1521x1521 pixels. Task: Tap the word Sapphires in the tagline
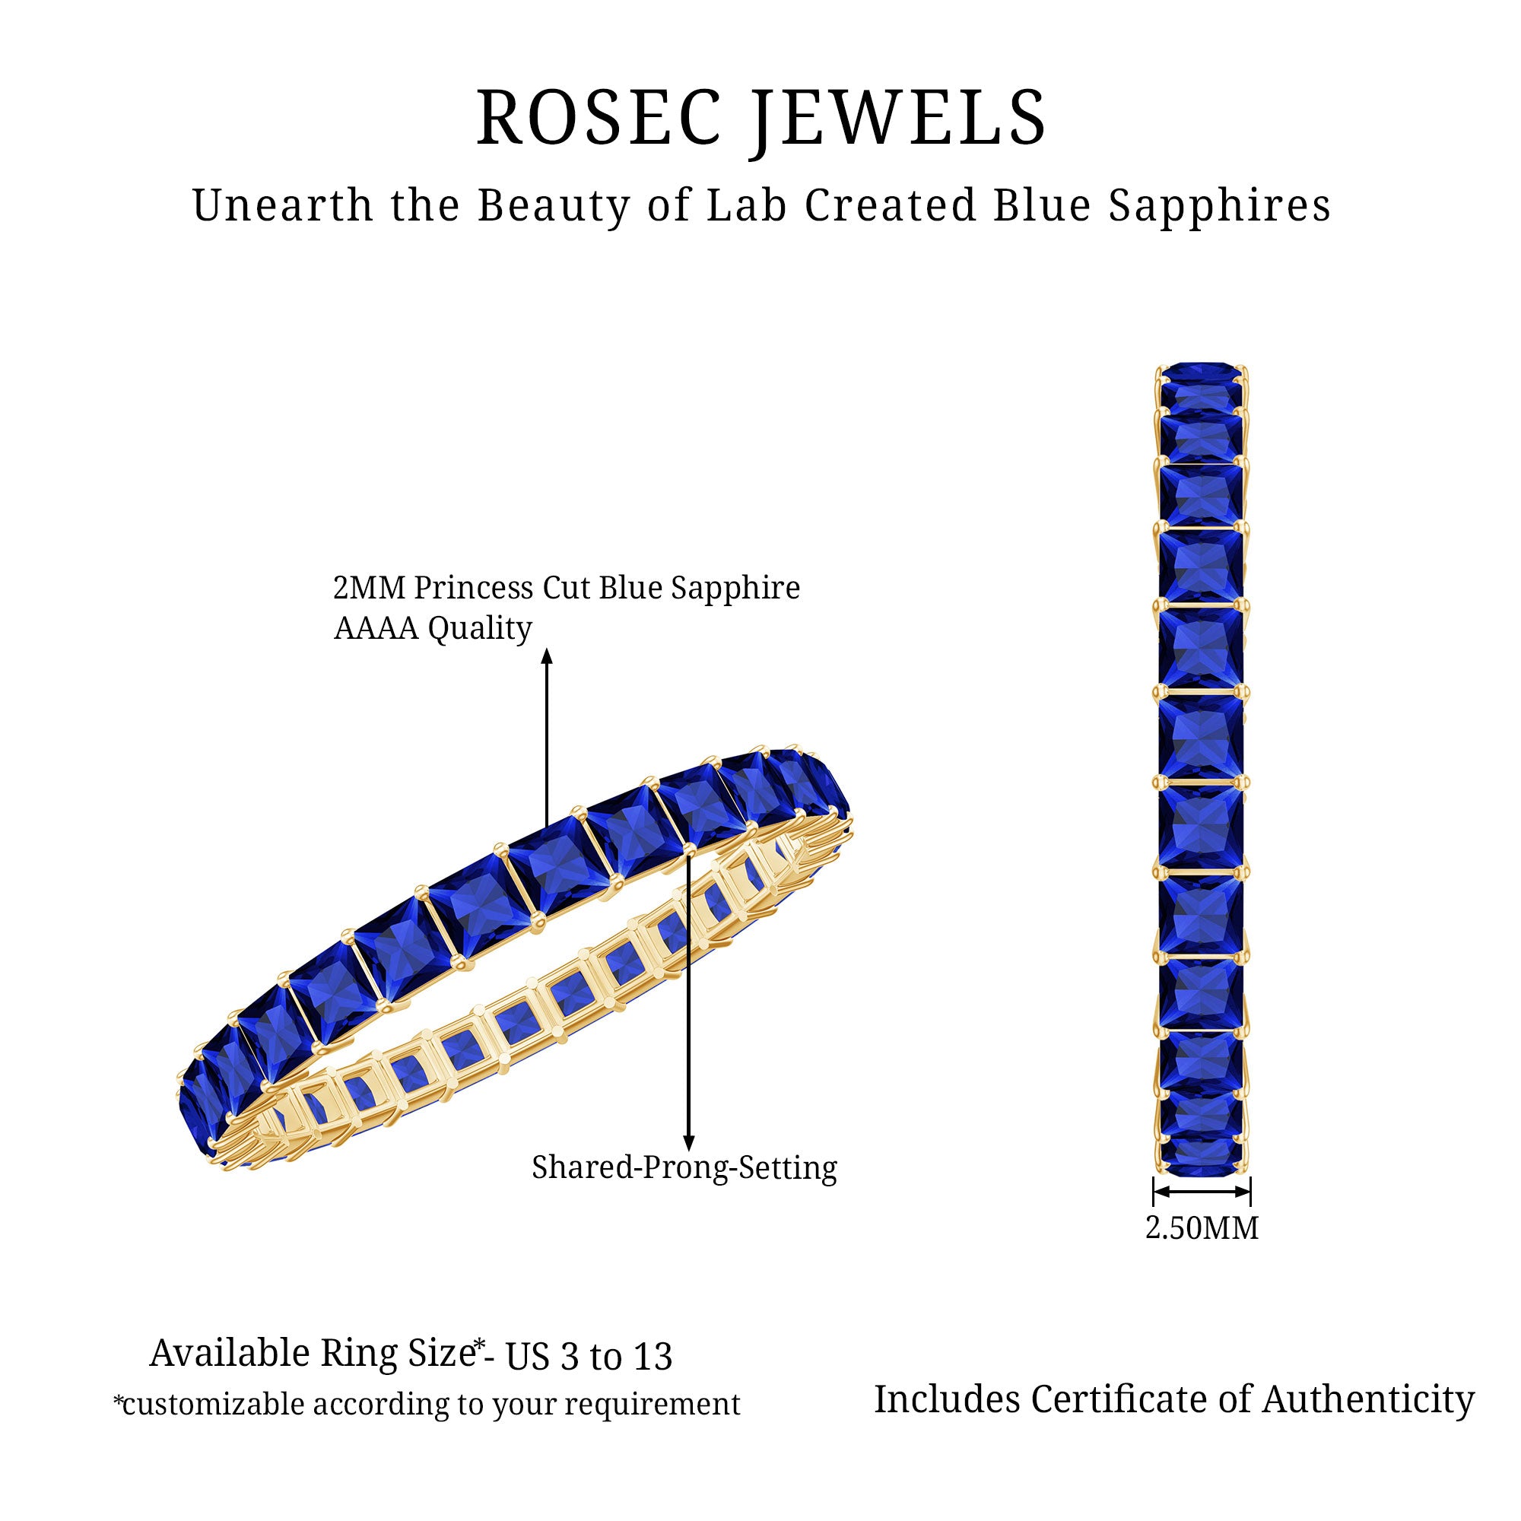pyautogui.click(x=1220, y=206)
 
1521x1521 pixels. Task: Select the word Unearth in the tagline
pyautogui.click(x=283, y=206)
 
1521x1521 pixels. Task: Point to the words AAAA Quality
pyautogui.click(x=433, y=629)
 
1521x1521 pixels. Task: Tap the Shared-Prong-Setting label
pyautogui.click(x=684, y=1167)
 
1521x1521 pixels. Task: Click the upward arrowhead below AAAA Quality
pyautogui.click(x=547, y=656)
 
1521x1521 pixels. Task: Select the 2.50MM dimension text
pyautogui.click(x=1202, y=1228)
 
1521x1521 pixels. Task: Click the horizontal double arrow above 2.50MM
pyautogui.click(x=1202, y=1191)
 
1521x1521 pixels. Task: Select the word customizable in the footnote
pyautogui.click(x=209, y=1405)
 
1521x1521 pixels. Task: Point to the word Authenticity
pyautogui.click(x=1368, y=1400)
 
